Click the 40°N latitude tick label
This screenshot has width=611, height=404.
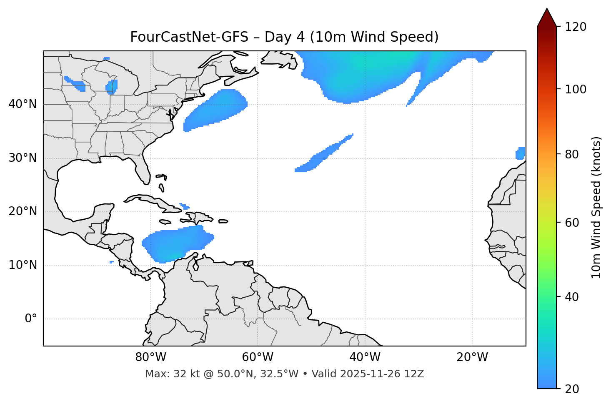[x=23, y=104]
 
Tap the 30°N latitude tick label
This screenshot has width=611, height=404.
[x=23, y=158]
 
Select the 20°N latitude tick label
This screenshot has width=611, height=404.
[x=23, y=211]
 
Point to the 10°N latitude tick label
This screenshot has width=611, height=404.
[x=23, y=265]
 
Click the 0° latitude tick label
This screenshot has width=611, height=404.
[x=31, y=319]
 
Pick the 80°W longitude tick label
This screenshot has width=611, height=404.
[x=150, y=357]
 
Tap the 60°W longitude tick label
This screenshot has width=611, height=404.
[x=257, y=357]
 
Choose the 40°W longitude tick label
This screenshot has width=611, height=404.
[x=365, y=357]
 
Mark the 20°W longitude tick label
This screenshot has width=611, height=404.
[x=472, y=357]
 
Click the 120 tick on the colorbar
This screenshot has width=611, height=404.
[x=576, y=27]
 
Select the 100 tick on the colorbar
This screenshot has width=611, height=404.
[x=576, y=89]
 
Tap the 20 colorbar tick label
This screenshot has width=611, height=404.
[x=572, y=389]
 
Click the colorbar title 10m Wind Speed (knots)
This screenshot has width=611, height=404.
[x=596, y=207]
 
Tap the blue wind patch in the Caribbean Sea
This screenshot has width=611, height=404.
[x=177, y=244]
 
